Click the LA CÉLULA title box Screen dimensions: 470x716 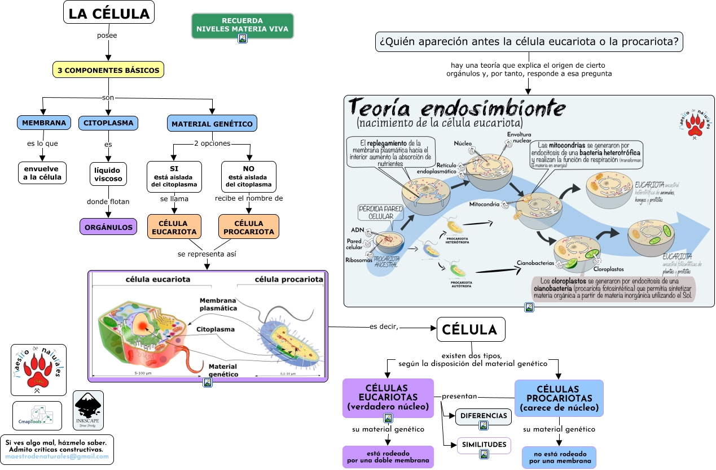click(109, 14)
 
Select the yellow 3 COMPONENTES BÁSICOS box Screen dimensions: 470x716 click(108, 71)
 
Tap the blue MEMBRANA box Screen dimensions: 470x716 click(43, 123)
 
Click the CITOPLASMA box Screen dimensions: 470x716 click(108, 123)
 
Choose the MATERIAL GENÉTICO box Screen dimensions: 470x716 click(212, 124)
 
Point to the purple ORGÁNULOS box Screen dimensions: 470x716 click(108, 227)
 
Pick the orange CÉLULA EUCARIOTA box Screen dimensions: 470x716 click(174, 228)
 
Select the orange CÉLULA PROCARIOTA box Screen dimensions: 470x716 click(249, 228)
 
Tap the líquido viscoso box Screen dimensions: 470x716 click(108, 174)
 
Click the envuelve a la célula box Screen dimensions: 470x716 click(42, 173)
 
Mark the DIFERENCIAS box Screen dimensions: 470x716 click(484, 416)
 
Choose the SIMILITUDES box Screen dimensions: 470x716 click(484, 445)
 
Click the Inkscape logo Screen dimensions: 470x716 click(89, 411)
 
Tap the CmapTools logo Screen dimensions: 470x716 click(37, 416)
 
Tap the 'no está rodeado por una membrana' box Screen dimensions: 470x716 click(559, 458)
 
